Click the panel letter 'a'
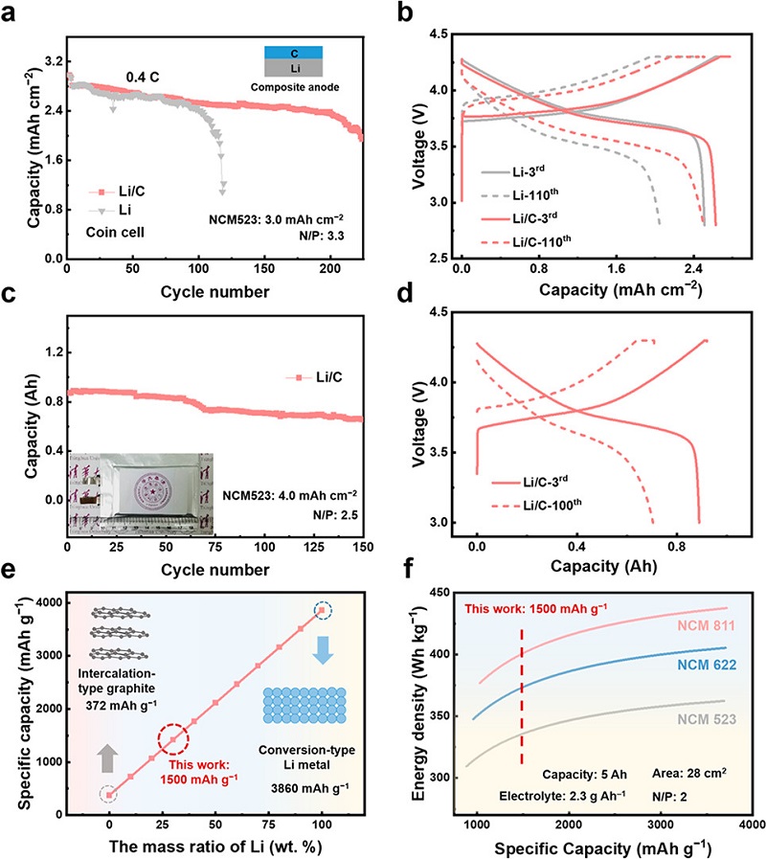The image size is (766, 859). point(12,13)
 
